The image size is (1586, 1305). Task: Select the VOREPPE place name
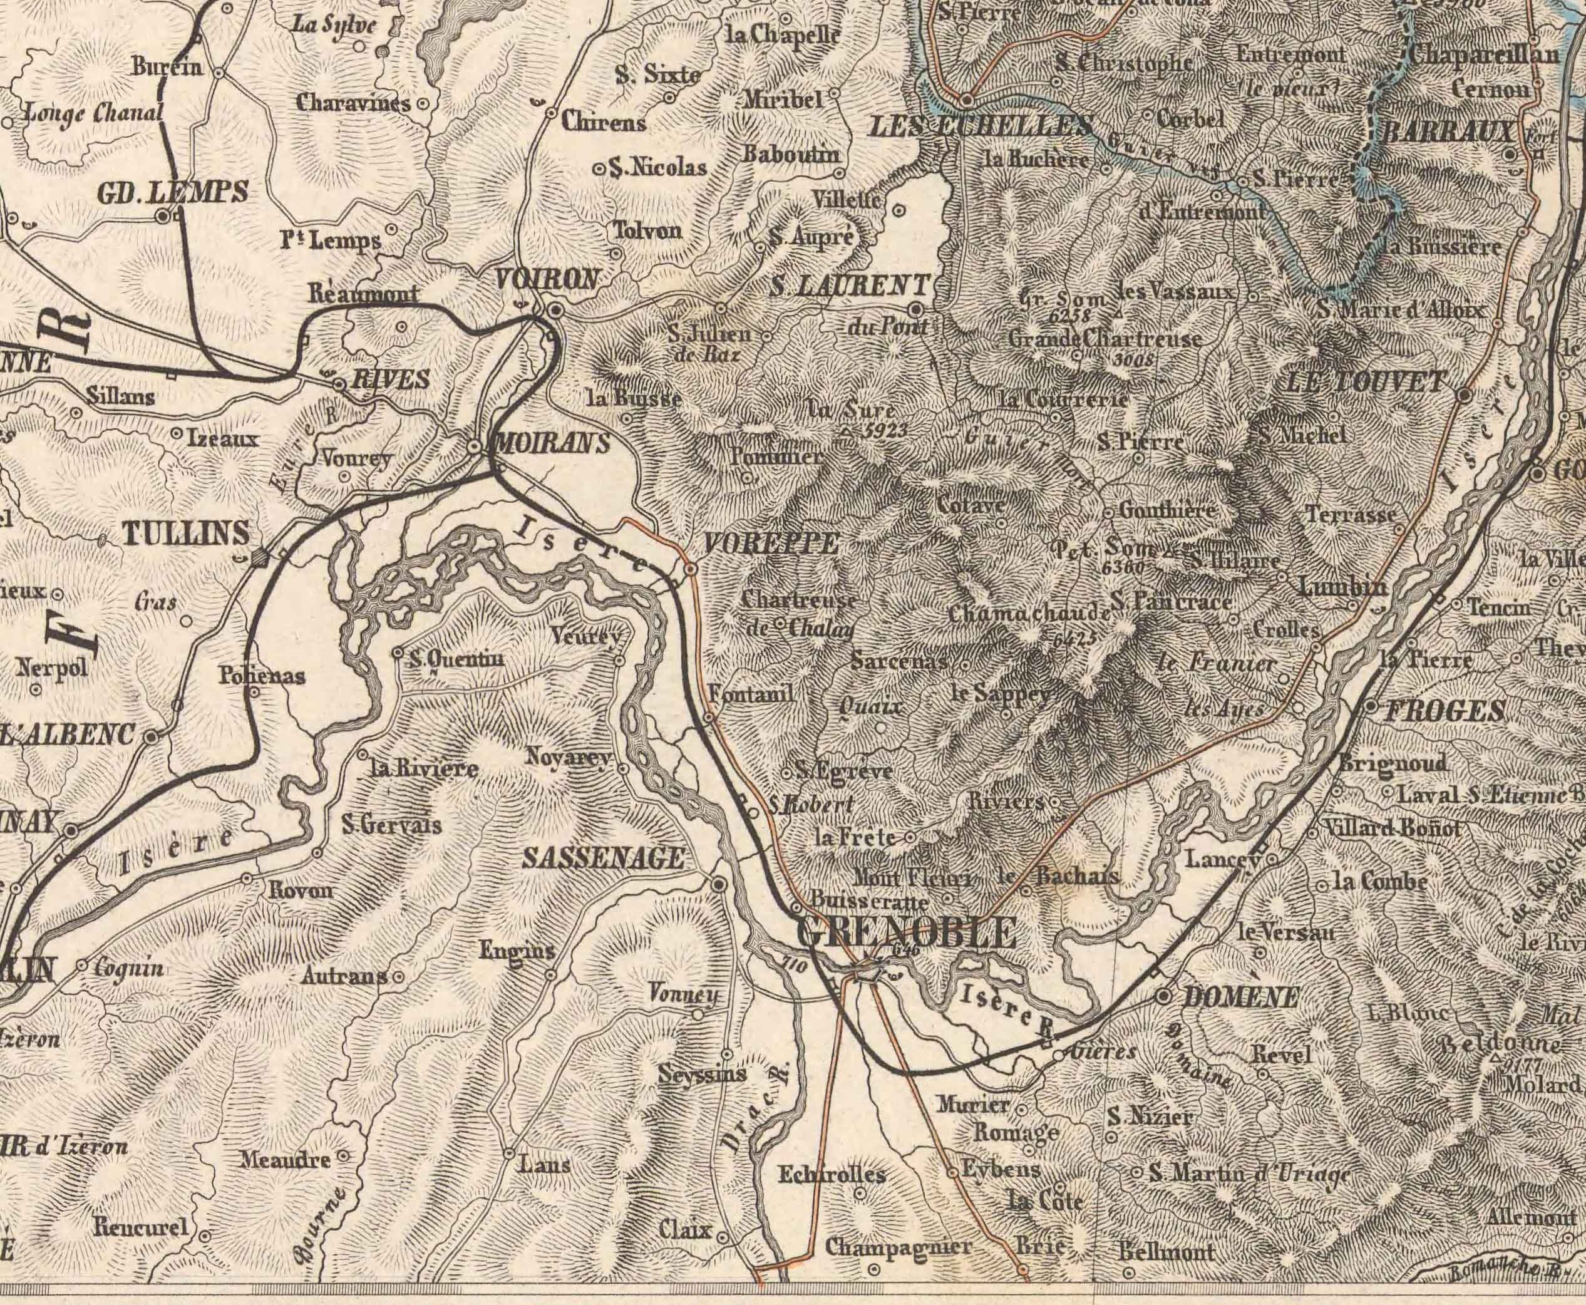[x=770, y=544]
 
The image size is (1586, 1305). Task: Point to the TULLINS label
[x=185, y=533]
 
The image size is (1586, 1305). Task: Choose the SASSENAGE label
[x=604, y=859]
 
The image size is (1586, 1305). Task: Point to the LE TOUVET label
[x=1365, y=383]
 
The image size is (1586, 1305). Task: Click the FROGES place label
[x=1443, y=710]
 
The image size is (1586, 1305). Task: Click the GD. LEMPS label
[x=172, y=193]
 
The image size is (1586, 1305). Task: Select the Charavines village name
[x=353, y=102]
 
